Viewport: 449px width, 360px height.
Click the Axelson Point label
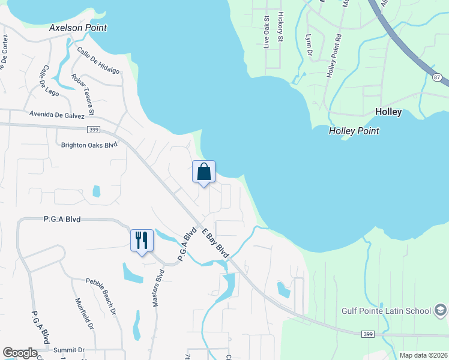click(78, 28)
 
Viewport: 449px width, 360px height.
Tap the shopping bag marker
click(203, 172)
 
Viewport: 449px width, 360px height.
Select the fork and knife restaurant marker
click(142, 241)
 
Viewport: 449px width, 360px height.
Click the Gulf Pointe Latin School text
click(386, 310)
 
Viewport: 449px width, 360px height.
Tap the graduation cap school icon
click(441, 310)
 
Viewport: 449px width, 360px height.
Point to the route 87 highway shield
click(436, 77)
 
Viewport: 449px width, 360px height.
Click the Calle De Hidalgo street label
click(98, 60)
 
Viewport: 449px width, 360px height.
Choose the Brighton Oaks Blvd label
click(89, 145)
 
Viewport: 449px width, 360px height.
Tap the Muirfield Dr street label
click(84, 314)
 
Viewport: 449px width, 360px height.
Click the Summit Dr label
click(69, 350)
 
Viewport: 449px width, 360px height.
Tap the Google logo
click(20, 353)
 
